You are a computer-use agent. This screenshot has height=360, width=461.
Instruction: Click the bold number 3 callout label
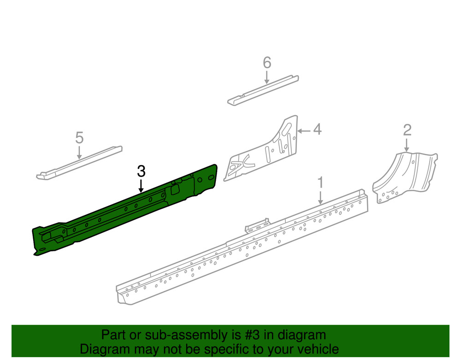tap(141, 171)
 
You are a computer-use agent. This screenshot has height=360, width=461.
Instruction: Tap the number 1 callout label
tap(321, 183)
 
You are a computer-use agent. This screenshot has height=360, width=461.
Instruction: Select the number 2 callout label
tap(407, 130)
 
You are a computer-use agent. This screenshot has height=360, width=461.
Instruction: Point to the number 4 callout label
tap(318, 130)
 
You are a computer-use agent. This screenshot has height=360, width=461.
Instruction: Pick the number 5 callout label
tap(79, 137)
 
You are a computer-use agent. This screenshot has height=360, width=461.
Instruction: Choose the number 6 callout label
tap(266, 63)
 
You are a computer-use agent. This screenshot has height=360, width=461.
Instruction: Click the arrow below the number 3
tap(141, 186)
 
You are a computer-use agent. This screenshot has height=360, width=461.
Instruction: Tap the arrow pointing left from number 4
tap(304, 130)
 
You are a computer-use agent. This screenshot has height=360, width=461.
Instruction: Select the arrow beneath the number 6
tap(266, 77)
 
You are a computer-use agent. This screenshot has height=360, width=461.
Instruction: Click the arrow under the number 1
tap(320, 197)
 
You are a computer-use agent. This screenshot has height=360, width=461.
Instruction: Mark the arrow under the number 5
tap(79, 153)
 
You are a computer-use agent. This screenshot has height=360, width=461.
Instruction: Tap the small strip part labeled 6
tap(263, 90)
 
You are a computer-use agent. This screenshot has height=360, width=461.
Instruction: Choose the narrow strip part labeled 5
tap(79, 163)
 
